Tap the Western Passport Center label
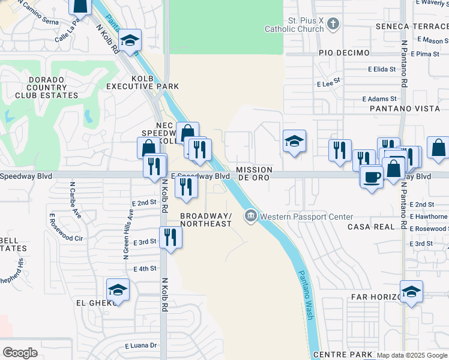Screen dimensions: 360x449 [306, 217]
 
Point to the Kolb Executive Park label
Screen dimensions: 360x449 [143, 82]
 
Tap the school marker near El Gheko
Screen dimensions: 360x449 [118, 290]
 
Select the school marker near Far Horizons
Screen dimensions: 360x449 [411, 292]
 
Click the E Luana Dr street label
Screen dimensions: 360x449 [140, 346]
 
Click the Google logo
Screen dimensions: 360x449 [20, 352]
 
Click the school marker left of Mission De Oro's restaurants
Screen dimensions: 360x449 [294, 142]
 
